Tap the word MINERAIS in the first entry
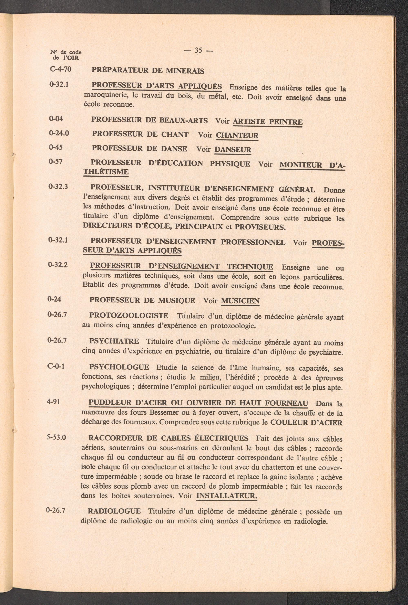pos(185,71)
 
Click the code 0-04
pos(56,119)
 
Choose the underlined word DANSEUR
pos(233,149)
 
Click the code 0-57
pos(55,162)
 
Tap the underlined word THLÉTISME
pos(106,172)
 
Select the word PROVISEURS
pos(260,227)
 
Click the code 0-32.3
pos(58,187)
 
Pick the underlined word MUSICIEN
pos(240,301)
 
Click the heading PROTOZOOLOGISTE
pos(129,315)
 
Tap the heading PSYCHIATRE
pos(114,341)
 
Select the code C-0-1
pos(56,366)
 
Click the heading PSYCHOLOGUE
pos(119,367)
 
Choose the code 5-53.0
pos(56,437)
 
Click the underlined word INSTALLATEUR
pos(226,496)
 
